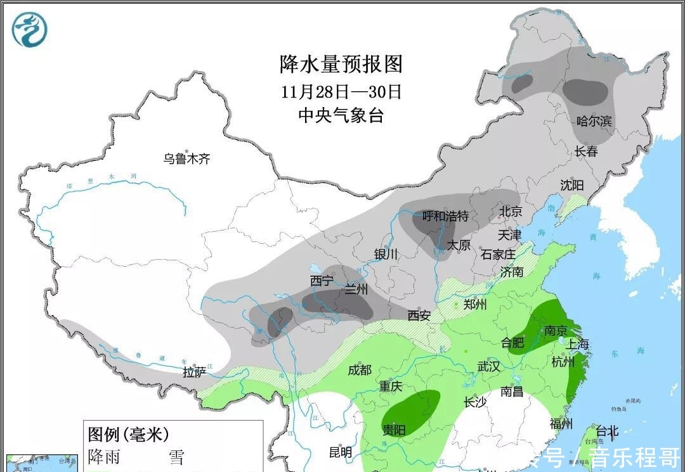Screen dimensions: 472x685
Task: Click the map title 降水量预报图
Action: pyautogui.click(x=341, y=64)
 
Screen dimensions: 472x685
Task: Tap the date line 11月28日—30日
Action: pyautogui.click(x=341, y=91)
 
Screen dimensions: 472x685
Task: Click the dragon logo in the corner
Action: pyautogui.click(x=30, y=30)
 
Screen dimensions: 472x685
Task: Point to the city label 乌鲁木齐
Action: pyautogui.click(x=186, y=159)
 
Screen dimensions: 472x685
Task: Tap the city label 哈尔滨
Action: pyautogui.click(x=594, y=121)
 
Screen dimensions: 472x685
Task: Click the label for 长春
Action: pyautogui.click(x=586, y=151)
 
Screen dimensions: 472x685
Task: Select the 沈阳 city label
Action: pyautogui.click(x=571, y=186)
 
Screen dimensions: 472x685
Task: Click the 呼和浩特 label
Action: pyautogui.click(x=445, y=217)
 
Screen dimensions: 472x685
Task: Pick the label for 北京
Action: pyautogui.click(x=511, y=211)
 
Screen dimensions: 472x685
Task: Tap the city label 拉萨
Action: pyautogui.click(x=195, y=373)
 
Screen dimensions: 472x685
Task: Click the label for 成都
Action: pyautogui.click(x=360, y=370)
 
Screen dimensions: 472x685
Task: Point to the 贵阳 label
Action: pyautogui.click(x=394, y=430)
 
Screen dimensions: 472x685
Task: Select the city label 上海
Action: pyautogui.click(x=577, y=344)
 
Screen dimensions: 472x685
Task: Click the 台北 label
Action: pyautogui.click(x=606, y=431)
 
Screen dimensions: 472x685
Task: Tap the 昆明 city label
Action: pyautogui.click(x=341, y=452)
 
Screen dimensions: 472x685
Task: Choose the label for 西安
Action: pyautogui.click(x=419, y=315)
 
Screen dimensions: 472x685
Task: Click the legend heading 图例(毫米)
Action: pyautogui.click(x=129, y=434)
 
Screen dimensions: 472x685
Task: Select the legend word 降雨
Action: pyautogui.click(x=104, y=456)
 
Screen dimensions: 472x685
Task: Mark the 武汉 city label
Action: pyautogui.click(x=489, y=366)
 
